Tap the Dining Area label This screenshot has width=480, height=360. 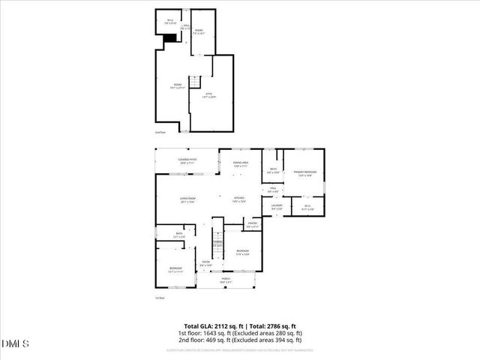(x=240, y=164)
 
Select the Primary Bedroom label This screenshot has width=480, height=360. (x=305, y=173)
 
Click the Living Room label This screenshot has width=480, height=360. (x=187, y=200)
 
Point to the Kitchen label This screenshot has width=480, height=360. (x=238, y=200)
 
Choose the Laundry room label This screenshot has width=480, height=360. (x=276, y=207)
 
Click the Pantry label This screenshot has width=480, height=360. (x=253, y=224)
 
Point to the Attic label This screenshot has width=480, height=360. (x=209, y=95)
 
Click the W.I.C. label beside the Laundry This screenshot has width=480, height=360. (x=307, y=207)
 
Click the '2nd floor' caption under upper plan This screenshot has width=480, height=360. (x=159, y=132)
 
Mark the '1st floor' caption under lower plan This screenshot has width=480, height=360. (x=159, y=298)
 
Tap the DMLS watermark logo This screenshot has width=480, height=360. (x=15, y=344)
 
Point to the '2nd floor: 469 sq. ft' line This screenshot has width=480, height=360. (x=239, y=339)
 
